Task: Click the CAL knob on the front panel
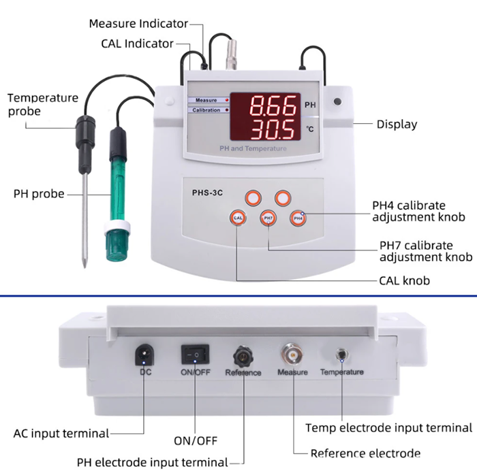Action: point(238,218)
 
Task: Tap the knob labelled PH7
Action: point(268,218)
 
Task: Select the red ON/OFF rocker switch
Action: point(194,354)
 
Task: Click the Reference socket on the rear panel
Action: point(243,355)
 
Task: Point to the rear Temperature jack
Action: point(341,356)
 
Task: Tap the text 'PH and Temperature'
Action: point(253,148)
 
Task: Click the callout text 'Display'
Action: point(397,125)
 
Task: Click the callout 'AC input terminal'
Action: point(61,433)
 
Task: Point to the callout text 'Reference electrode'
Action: point(365,453)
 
